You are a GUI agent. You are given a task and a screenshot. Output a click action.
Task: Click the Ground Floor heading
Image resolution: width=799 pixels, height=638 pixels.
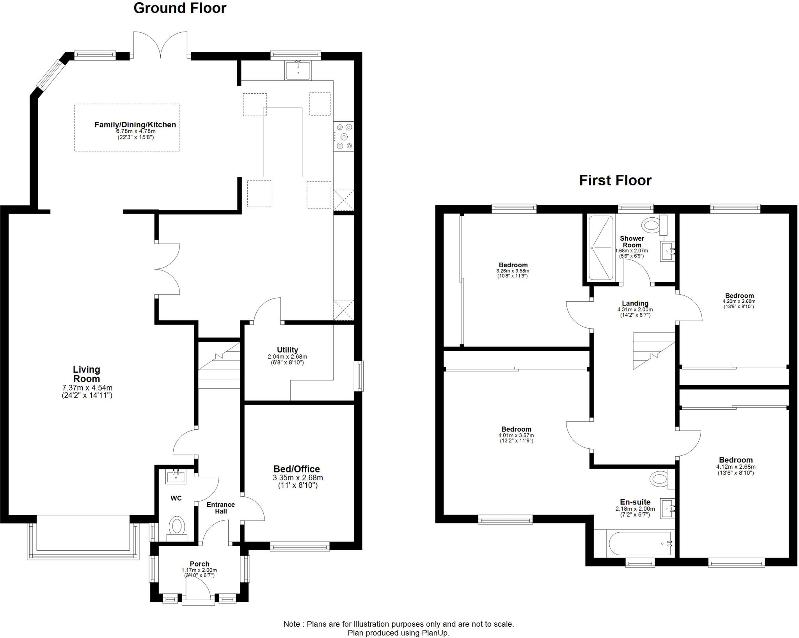coord(180,8)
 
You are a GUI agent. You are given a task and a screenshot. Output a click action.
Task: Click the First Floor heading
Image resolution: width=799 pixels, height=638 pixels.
coord(615,180)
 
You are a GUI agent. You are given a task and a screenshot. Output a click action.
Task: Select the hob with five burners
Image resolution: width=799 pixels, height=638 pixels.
coord(344,137)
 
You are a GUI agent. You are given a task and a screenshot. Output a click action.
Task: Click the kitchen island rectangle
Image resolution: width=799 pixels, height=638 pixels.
coord(282,142)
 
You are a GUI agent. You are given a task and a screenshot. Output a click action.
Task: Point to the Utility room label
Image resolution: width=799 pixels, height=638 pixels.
coord(288,350)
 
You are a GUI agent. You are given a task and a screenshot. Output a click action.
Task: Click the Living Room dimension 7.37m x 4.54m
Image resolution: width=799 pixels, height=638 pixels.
coord(87,388)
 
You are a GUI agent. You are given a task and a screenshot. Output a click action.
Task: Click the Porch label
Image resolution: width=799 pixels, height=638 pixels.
coord(199,564)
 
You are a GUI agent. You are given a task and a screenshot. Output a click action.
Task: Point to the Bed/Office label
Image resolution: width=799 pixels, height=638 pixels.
coord(297,469)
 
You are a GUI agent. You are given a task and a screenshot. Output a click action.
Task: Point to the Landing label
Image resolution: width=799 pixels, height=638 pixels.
coord(635,303)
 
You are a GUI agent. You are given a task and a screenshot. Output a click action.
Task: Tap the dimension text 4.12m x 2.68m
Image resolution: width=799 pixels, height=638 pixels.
coord(736,467)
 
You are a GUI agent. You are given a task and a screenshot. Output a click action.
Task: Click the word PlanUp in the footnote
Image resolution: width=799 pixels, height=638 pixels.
coord(435,633)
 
